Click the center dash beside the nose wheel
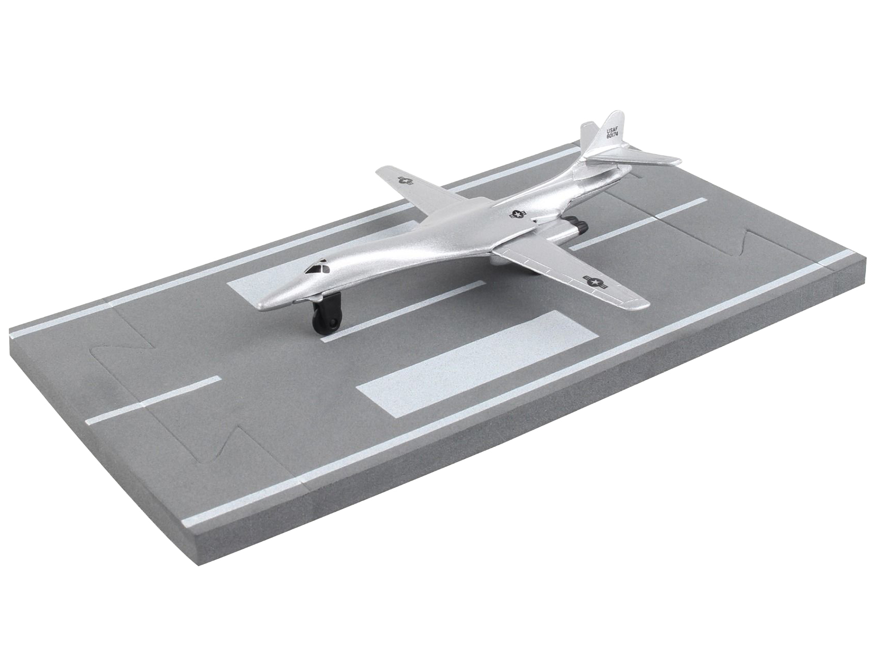(403, 311)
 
